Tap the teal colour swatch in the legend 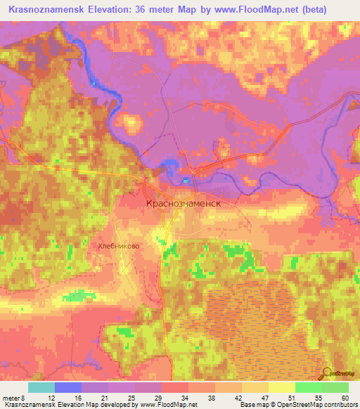(x=41, y=387)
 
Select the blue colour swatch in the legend (x=67, y=387)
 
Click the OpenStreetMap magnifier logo (x=327, y=374)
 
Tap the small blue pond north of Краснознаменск (x=169, y=165)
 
